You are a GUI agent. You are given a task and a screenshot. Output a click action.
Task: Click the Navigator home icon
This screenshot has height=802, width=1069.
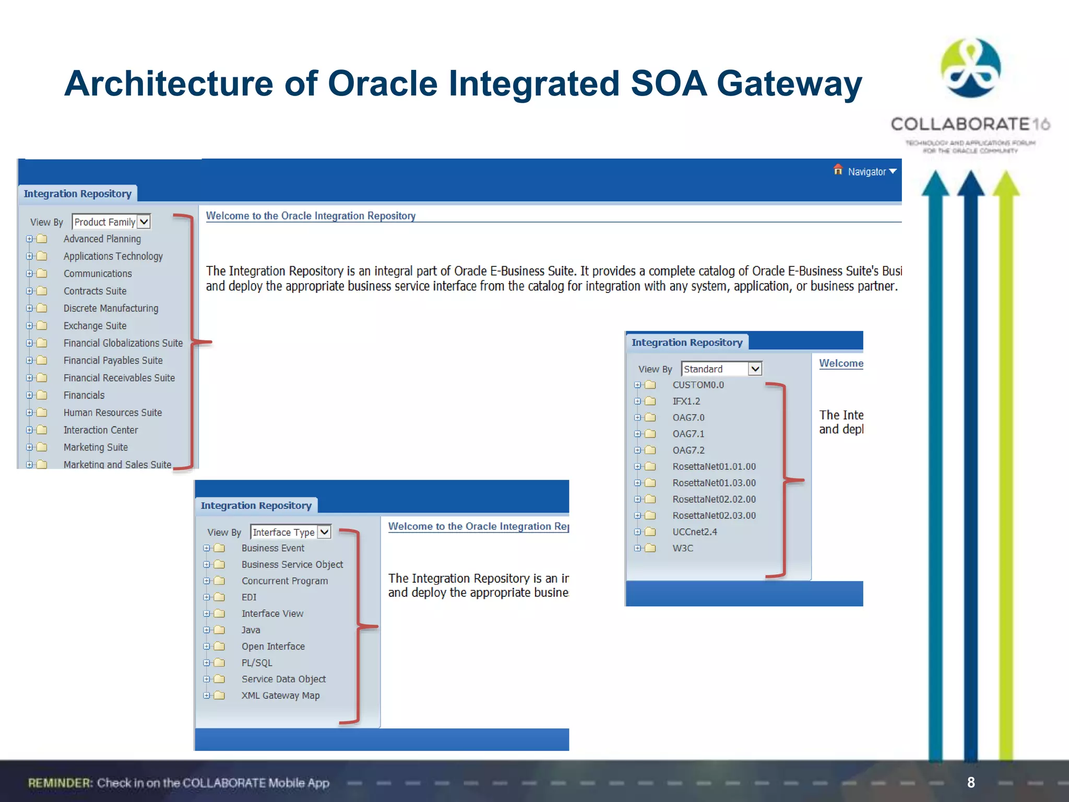pyautogui.click(x=838, y=170)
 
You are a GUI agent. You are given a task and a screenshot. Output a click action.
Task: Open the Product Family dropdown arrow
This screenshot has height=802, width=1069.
pyautogui.click(x=144, y=222)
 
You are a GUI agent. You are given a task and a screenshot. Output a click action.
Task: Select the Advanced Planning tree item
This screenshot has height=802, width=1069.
pyautogui.click(x=102, y=239)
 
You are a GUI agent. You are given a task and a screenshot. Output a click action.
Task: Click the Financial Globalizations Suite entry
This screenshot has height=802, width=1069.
pyautogui.click(x=123, y=343)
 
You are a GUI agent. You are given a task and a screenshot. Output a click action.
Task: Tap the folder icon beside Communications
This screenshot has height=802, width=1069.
pyautogui.click(x=42, y=274)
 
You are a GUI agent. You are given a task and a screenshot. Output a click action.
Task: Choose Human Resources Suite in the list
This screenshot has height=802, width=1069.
pyautogui.click(x=113, y=412)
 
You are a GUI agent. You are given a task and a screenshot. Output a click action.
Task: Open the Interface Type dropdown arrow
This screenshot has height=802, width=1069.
pyautogui.click(x=324, y=532)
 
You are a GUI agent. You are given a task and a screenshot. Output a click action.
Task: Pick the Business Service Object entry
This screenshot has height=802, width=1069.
pyautogui.click(x=292, y=564)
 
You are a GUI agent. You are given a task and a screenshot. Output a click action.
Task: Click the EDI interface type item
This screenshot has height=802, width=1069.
pyautogui.click(x=249, y=597)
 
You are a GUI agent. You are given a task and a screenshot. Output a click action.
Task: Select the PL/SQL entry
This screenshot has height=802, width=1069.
pyautogui.click(x=257, y=663)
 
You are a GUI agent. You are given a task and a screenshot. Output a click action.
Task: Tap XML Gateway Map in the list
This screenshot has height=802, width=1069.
pyautogui.click(x=280, y=695)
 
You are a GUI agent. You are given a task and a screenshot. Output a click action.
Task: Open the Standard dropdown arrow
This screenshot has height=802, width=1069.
pyautogui.click(x=755, y=369)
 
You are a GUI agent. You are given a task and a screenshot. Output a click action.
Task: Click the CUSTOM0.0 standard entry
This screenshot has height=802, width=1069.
pyautogui.click(x=698, y=385)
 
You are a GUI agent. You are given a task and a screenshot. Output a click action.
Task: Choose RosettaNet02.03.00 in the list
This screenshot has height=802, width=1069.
pyautogui.click(x=714, y=515)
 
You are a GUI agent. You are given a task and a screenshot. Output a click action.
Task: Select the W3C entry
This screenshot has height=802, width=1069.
pyautogui.click(x=683, y=548)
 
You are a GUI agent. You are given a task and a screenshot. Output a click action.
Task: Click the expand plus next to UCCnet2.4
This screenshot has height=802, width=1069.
pyautogui.click(x=637, y=532)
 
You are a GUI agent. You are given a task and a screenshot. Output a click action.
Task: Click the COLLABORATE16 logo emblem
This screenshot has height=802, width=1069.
pyautogui.click(x=970, y=68)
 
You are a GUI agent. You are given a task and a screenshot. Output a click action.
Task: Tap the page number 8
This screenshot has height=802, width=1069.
pyautogui.click(x=971, y=782)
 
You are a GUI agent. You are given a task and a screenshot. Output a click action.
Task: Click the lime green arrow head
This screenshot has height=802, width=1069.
pyautogui.click(x=1006, y=185)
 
